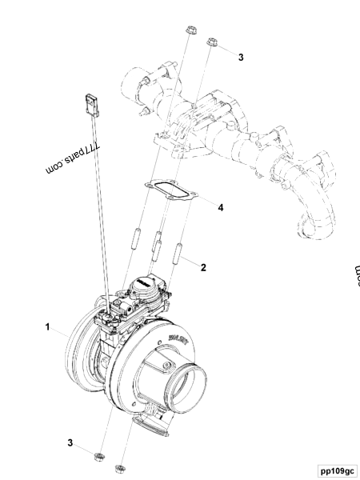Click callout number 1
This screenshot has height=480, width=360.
coord(48,327)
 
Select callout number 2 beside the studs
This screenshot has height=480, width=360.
coord(204,268)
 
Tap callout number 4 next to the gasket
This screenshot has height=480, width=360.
coord(220,207)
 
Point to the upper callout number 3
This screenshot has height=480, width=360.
coord(240,58)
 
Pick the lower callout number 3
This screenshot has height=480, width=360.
coord(70,442)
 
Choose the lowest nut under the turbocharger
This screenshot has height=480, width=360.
coord(121,468)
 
